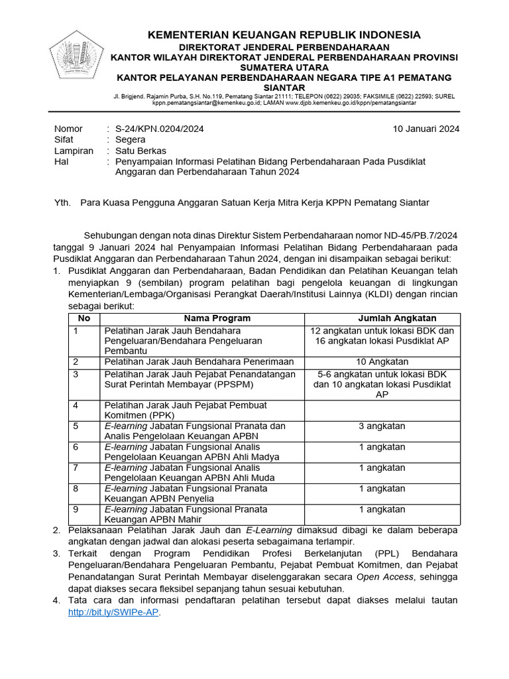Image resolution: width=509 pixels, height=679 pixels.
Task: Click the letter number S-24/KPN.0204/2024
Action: pyautogui.click(x=159, y=129)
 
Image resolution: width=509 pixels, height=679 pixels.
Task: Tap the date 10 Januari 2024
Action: pyautogui.click(x=425, y=129)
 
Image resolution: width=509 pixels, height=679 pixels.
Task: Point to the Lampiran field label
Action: pyautogui.click(x=74, y=151)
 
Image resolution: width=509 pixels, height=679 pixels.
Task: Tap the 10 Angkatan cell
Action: pyautogui.click(x=382, y=361)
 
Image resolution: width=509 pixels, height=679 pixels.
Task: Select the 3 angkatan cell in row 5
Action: pyautogui.click(x=382, y=426)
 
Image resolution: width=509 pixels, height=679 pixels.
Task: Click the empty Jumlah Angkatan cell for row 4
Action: pyautogui.click(x=382, y=410)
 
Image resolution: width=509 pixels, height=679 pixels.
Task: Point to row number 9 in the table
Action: pyautogui.click(x=76, y=509)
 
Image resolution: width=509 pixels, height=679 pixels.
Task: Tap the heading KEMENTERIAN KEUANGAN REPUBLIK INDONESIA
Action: pyautogui.click(x=284, y=34)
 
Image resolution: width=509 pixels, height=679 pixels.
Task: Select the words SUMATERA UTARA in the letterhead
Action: pyautogui.click(x=284, y=68)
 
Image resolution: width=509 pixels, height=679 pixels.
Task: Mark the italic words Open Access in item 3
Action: pyautogui.click(x=385, y=577)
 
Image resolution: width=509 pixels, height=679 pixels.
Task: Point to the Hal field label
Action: pyautogui.click(x=61, y=161)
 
